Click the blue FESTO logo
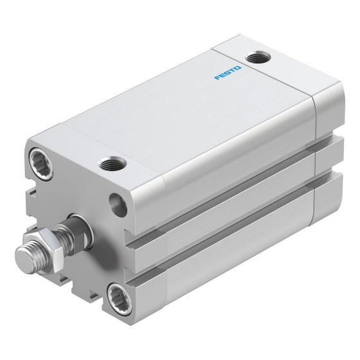tap(228, 73)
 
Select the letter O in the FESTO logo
tap(238, 68)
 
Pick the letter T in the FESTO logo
tap(233, 71)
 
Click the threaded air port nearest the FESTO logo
tap(258, 57)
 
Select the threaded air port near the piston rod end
tap(113, 163)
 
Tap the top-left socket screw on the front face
tap(41, 163)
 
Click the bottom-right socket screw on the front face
tap(120, 299)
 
